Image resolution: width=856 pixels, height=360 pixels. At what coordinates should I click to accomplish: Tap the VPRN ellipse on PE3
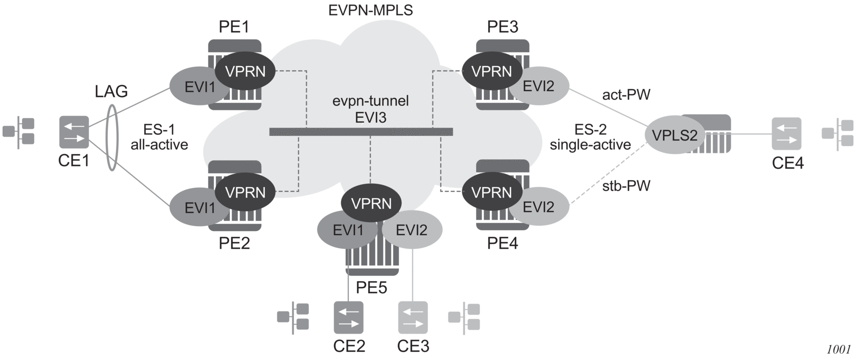pos(492,71)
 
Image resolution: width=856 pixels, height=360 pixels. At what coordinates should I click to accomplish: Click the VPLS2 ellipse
pos(675,135)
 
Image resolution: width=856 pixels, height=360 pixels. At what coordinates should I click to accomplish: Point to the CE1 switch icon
pos(74,132)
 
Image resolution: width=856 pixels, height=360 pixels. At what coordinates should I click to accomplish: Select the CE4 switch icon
pos(786,133)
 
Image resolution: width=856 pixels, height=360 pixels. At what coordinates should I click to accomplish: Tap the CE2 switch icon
pos(349,317)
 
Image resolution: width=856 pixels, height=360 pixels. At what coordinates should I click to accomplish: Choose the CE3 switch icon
pos(412,317)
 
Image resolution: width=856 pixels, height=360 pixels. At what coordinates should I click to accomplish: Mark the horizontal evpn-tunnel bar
pos(361,132)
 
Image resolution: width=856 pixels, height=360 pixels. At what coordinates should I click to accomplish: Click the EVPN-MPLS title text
pos(371,10)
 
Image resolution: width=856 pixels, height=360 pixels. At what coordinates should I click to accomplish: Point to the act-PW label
pos(626,95)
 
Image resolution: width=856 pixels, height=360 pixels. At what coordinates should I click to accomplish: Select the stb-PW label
pos(626,186)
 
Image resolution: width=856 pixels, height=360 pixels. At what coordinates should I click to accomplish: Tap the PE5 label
pos(371,288)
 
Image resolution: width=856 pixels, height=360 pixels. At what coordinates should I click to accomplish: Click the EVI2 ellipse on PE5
pos(412,231)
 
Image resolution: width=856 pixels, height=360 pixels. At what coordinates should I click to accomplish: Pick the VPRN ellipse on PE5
pos(371,204)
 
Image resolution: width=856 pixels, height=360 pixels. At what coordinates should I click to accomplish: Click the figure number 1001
pos(839,349)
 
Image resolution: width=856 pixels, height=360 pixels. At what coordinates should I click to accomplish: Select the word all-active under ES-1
pos(159,145)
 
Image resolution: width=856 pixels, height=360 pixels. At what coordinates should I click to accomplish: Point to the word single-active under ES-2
pos(590,145)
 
